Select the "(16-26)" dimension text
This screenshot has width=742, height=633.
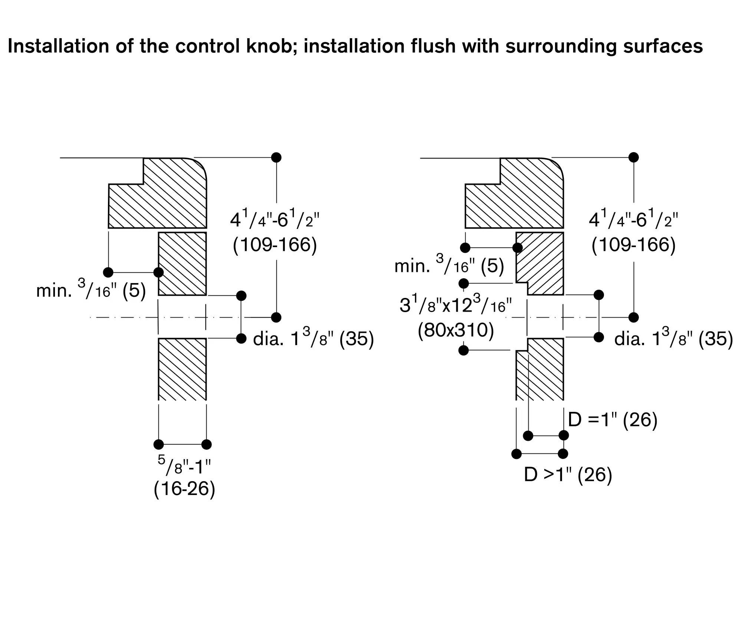(x=184, y=489)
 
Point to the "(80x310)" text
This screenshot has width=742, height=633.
(x=456, y=329)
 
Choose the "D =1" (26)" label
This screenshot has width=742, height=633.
(x=613, y=420)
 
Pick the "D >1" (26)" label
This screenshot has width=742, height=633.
(x=568, y=475)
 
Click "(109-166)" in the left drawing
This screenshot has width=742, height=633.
(x=275, y=245)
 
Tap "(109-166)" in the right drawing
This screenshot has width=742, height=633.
(x=634, y=245)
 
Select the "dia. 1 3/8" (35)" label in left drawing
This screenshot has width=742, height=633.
(x=313, y=339)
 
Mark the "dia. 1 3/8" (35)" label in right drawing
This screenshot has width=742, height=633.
(x=673, y=339)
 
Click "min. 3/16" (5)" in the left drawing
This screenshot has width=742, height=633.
(x=91, y=291)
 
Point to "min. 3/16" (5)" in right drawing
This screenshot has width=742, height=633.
(x=449, y=266)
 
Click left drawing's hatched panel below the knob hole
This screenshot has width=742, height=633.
(x=182, y=369)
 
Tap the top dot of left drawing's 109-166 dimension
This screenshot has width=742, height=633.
(x=276, y=157)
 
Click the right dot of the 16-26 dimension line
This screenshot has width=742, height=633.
(x=207, y=444)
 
